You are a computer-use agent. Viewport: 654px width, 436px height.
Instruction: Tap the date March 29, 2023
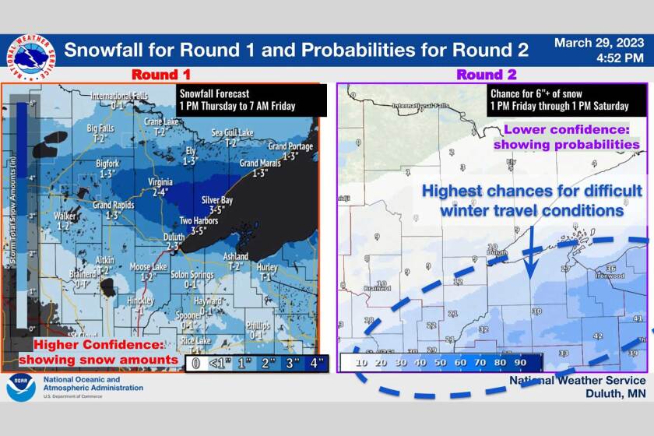coord(599,43)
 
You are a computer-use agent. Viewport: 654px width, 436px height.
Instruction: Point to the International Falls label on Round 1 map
coord(118,100)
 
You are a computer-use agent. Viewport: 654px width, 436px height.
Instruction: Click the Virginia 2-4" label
coord(160,185)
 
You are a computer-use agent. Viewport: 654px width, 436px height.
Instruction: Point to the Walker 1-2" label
coord(66,220)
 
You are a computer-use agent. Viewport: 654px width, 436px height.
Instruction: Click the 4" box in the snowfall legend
coord(317,362)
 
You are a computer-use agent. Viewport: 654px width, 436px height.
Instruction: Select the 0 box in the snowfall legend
coord(196,362)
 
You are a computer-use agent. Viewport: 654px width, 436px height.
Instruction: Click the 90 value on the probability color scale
coord(521,362)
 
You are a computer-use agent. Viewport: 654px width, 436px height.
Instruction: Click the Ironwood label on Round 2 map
coord(608,276)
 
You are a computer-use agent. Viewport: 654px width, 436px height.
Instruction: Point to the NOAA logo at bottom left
coord(21,387)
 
